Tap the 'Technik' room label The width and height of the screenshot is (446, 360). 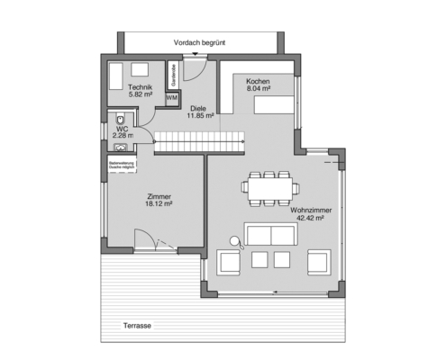click(140, 86)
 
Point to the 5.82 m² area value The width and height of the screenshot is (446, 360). click(140, 94)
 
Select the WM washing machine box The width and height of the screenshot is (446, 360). click(172, 98)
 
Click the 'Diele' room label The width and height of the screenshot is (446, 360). click(198, 107)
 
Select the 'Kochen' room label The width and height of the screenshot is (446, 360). click(258, 81)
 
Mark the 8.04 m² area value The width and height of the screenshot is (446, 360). click(258, 89)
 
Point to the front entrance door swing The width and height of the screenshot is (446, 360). click(199, 70)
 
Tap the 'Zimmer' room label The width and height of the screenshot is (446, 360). click(133, 196)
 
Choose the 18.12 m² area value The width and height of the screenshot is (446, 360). click(133, 204)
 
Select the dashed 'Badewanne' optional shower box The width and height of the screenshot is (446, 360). click(123, 166)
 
